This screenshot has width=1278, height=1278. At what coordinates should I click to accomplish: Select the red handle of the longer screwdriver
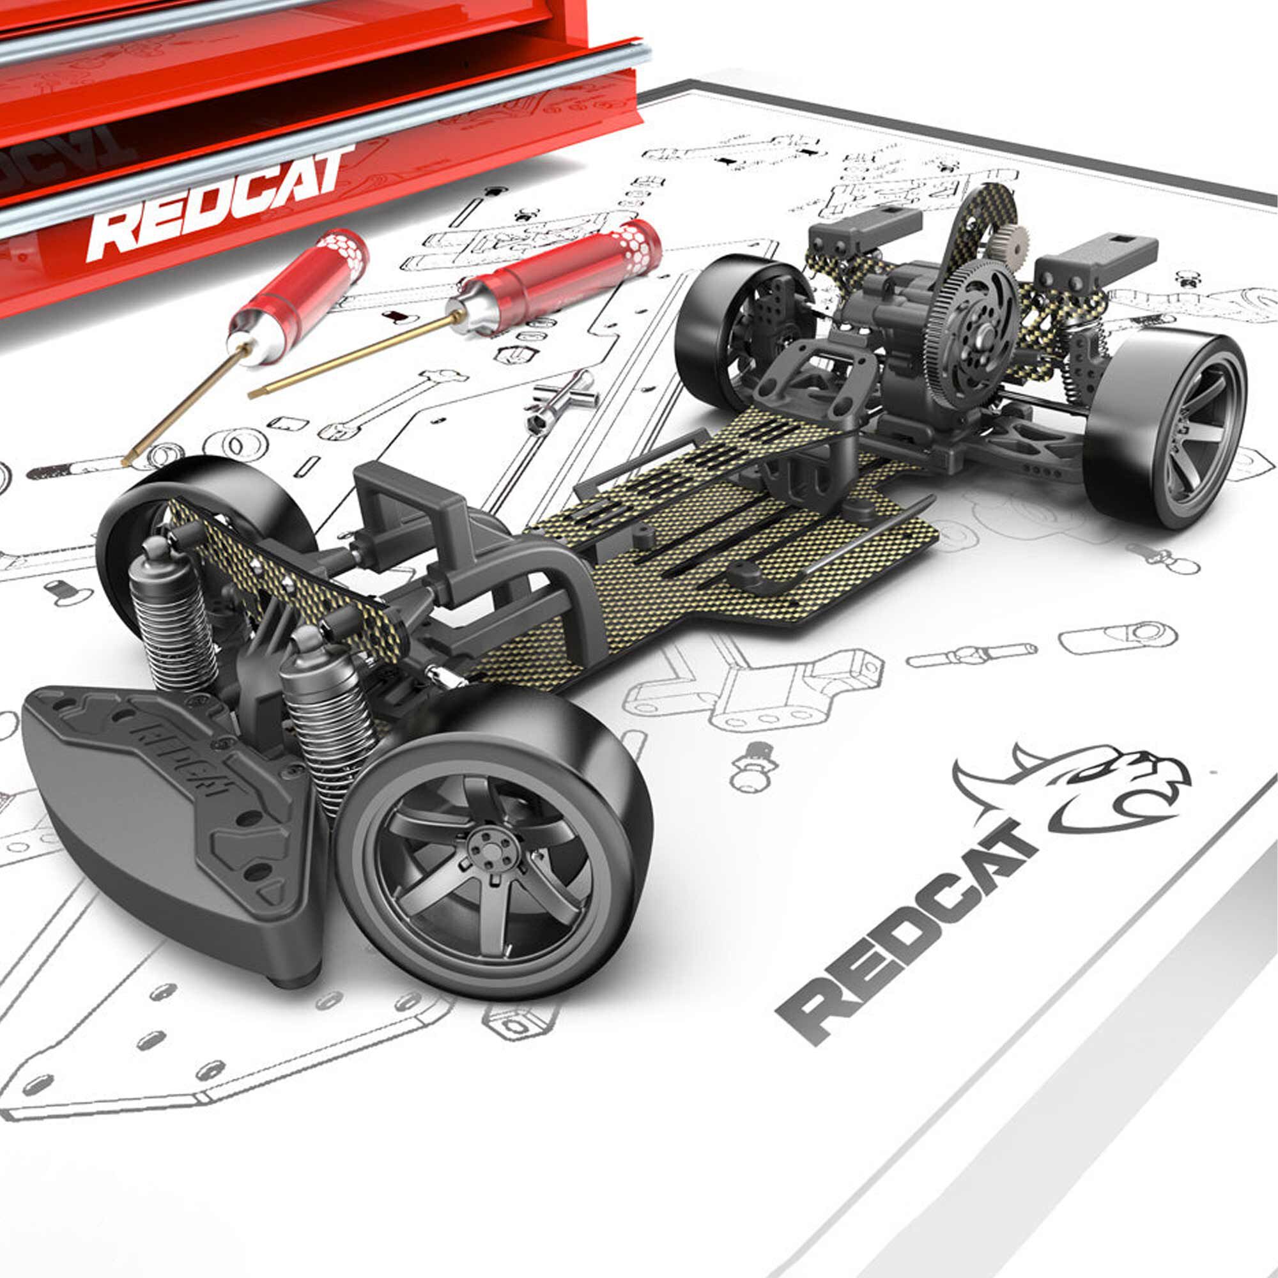click(x=569, y=278)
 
